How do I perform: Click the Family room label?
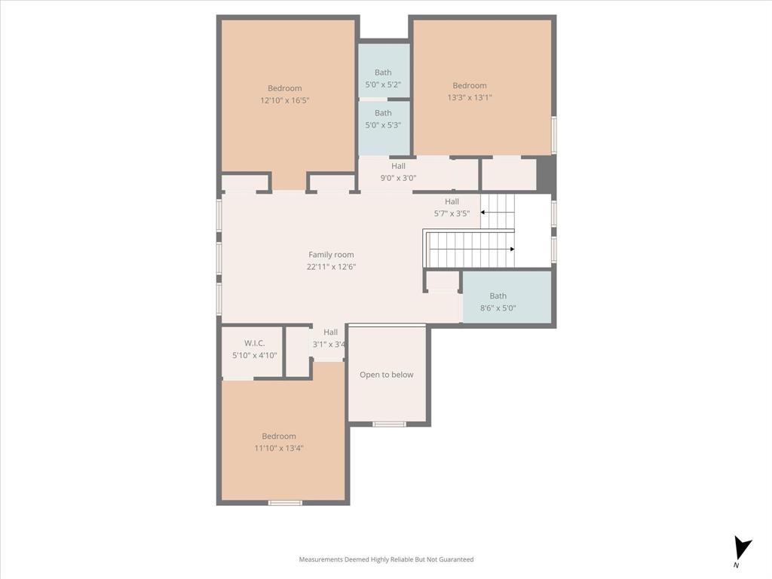pyautogui.click(x=331, y=255)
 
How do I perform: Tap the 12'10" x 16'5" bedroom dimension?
pyautogui.click(x=285, y=100)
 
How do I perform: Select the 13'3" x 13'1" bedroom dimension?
pyautogui.click(x=469, y=97)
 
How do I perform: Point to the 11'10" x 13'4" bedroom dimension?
pyautogui.click(x=279, y=448)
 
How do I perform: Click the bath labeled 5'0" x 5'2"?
pyautogui.click(x=383, y=78)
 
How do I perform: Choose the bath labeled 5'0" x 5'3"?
pyautogui.click(x=383, y=119)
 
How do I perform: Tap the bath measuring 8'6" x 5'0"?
pyautogui.click(x=498, y=302)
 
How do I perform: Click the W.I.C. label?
pyautogui.click(x=254, y=343)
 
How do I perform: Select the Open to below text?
pyautogui.click(x=386, y=375)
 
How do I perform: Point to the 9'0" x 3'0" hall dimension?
pyautogui.click(x=398, y=178)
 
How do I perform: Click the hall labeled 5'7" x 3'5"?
pyautogui.click(x=452, y=207)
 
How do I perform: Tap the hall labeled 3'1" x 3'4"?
pyautogui.click(x=329, y=339)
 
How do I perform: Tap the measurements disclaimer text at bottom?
pyautogui.click(x=386, y=559)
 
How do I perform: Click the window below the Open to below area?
pyautogui.click(x=389, y=424)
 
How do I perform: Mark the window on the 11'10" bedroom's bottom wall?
pyautogui.click(x=285, y=503)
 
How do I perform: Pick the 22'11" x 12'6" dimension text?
pyautogui.click(x=331, y=267)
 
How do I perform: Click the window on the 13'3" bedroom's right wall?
pyautogui.click(x=554, y=135)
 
